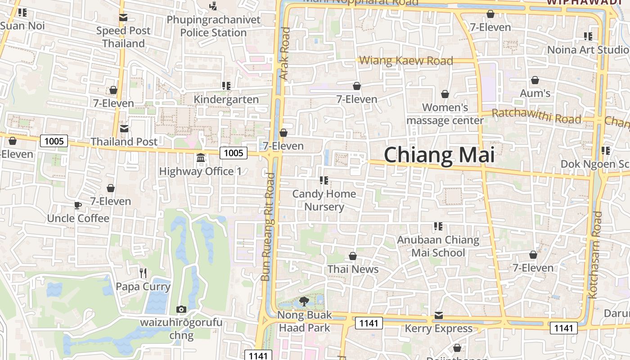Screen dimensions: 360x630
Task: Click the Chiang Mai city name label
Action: tap(439, 155)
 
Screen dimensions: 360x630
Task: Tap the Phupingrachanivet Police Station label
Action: tap(213, 26)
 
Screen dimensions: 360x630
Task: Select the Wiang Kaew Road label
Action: tap(406, 60)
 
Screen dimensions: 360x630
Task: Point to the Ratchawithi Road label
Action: tap(536, 116)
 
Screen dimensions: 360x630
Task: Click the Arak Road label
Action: tap(285, 54)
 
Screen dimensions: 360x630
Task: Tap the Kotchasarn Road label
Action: tap(595, 255)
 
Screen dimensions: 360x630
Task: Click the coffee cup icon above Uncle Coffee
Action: tap(78, 206)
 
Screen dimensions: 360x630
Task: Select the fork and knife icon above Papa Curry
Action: tap(143, 273)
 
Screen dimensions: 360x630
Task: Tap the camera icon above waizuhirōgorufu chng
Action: tap(181, 309)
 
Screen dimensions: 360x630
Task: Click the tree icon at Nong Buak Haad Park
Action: tap(304, 301)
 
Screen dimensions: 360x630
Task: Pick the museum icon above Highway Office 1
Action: tap(201, 158)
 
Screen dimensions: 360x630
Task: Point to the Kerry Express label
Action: tap(439, 328)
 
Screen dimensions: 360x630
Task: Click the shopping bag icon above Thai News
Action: tap(353, 256)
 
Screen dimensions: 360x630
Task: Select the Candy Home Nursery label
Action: tap(324, 200)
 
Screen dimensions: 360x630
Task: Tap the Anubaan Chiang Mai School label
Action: tap(438, 246)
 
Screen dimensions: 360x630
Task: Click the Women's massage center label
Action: tap(445, 114)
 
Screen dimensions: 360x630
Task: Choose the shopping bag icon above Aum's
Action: tap(535, 80)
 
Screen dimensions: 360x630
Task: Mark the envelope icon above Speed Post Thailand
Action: tap(123, 18)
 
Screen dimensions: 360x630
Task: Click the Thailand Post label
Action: tap(124, 141)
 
